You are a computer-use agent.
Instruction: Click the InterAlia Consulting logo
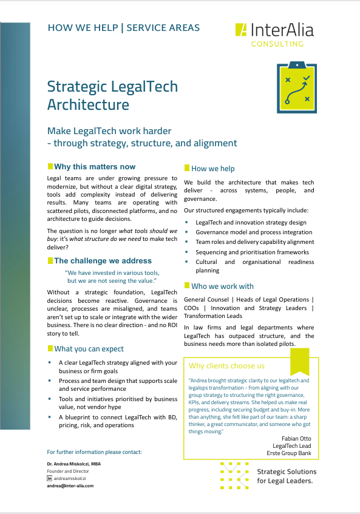[277, 34]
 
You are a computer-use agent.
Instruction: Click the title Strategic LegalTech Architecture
[112, 95]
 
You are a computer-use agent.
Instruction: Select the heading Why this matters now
[95, 167]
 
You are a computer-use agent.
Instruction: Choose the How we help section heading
[212, 169]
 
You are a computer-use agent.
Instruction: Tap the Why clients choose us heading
[226, 366]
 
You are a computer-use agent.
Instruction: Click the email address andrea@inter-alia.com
[70, 486]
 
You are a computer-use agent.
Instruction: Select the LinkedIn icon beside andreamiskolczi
[50, 478]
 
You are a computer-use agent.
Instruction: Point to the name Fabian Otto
[296, 438]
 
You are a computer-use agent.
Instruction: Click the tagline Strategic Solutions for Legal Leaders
[287, 476]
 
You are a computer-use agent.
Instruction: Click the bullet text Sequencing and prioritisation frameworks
[252, 252]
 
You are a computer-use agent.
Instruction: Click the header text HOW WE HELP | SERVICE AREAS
[123, 28]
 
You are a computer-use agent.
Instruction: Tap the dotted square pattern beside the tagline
[235, 475]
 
